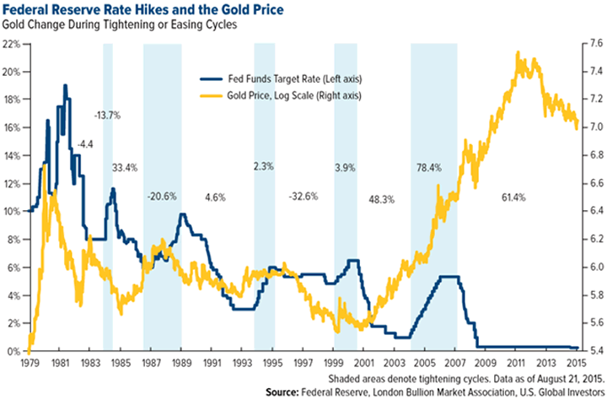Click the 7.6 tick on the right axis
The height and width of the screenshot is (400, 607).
tap(592, 44)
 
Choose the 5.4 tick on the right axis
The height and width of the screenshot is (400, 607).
tap(592, 351)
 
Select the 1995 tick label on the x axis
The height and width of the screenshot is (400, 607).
tap(272, 364)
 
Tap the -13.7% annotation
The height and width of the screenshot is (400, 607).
tap(108, 113)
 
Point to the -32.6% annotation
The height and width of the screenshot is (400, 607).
tap(304, 197)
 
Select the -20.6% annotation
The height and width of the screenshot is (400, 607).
tap(161, 197)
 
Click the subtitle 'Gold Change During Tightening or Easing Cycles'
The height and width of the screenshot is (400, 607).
tap(127, 28)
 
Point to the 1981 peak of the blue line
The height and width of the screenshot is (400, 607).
tap(65, 85)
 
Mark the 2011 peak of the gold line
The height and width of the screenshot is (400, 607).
tap(515, 53)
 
